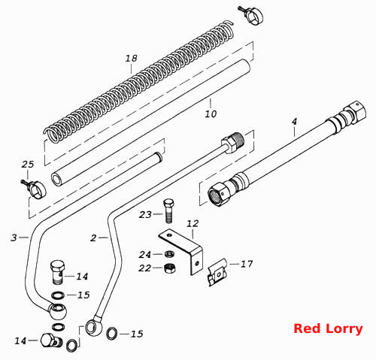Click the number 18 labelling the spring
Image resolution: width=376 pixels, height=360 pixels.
(132, 59)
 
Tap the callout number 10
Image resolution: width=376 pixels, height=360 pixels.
(211, 114)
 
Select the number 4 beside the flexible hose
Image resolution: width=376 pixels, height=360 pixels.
(294, 122)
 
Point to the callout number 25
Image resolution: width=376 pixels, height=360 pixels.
(28, 165)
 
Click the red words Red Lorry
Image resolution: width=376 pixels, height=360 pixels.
(328, 328)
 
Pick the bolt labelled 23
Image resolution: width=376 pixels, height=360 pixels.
(168, 210)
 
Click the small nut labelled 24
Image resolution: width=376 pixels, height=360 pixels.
(168, 254)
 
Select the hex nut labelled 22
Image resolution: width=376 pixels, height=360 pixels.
(169, 268)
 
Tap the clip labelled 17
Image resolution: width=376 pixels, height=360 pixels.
(217, 273)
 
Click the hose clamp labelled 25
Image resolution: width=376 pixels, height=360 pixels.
(36, 189)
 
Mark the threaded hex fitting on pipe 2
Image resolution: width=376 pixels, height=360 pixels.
(233, 142)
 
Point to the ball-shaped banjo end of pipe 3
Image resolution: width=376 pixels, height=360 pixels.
(58, 310)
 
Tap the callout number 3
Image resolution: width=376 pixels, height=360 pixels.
(14, 237)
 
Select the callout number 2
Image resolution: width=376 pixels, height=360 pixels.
(93, 237)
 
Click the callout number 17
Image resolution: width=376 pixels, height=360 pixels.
(247, 264)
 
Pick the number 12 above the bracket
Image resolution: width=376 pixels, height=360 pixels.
(193, 223)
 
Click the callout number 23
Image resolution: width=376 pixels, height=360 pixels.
(145, 214)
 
